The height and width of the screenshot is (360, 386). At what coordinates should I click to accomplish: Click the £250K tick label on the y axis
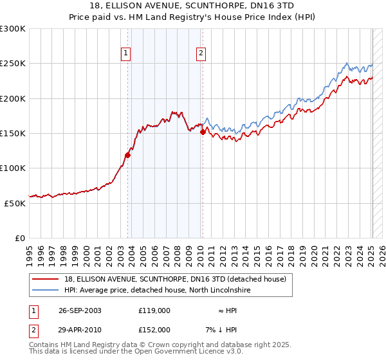14,64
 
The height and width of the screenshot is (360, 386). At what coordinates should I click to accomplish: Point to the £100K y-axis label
14,168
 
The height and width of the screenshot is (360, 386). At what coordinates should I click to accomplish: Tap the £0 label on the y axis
21,238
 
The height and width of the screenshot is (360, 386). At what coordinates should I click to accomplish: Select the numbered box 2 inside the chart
201,53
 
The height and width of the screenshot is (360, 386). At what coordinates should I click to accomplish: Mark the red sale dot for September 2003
128,155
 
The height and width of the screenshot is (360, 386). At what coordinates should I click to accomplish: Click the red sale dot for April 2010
203,132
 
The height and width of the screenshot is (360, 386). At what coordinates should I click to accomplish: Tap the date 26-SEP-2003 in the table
78,310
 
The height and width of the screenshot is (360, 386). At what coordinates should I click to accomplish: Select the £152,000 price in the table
154,330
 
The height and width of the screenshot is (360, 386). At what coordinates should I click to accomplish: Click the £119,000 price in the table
154,310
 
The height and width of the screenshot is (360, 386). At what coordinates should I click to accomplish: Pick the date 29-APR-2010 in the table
78,330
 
